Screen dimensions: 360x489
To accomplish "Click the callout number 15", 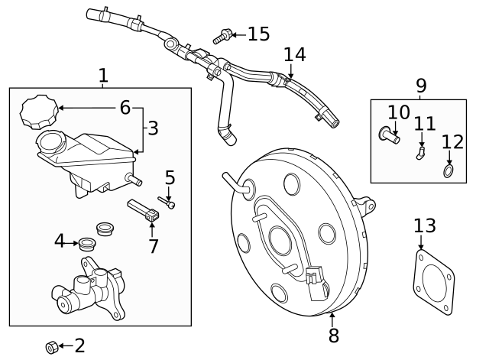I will [x=258, y=34].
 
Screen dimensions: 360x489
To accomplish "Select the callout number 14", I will [x=294, y=55].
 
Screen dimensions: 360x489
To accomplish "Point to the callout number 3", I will [x=153, y=128].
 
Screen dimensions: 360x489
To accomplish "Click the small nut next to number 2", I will [x=51, y=348].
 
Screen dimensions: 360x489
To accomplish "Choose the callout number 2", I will [x=79, y=345].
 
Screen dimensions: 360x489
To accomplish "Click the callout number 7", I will [x=154, y=246].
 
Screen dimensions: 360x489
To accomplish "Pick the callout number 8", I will [x=333, y=335].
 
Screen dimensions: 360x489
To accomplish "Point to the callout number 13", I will [x=424, y=226].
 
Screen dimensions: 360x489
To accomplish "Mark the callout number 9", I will [x=421, y=86].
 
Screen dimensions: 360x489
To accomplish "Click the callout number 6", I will [x=125, y=108].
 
